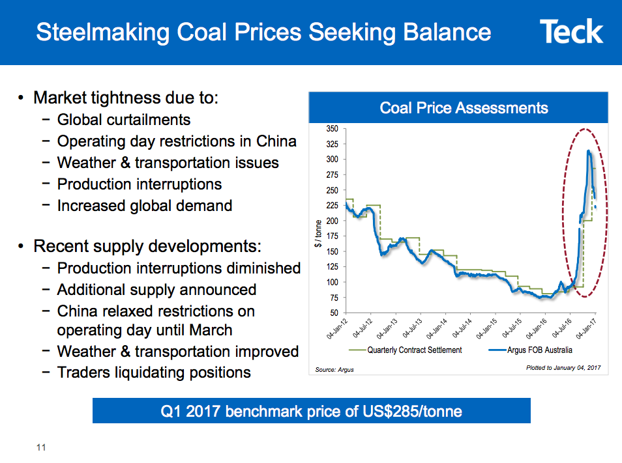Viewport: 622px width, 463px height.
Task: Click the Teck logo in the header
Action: tap(571, 31)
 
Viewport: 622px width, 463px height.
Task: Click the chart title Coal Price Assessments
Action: tap(464, 107)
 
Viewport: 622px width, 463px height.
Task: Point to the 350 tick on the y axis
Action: tap(332, 129)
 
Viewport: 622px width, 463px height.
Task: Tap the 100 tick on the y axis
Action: tap(332, 282)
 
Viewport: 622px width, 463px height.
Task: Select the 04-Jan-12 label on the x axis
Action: tap(337, 329)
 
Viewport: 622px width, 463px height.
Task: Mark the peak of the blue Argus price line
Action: tap(589, 151)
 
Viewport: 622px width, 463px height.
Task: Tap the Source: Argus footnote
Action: tap(334, 369)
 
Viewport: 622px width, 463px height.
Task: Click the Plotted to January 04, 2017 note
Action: tap(563, 368)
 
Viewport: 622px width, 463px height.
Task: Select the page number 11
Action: tap(41, 447)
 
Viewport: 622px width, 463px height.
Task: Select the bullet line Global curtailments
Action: tap(124, 120)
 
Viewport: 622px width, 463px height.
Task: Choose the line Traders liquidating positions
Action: tap(154, 372)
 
